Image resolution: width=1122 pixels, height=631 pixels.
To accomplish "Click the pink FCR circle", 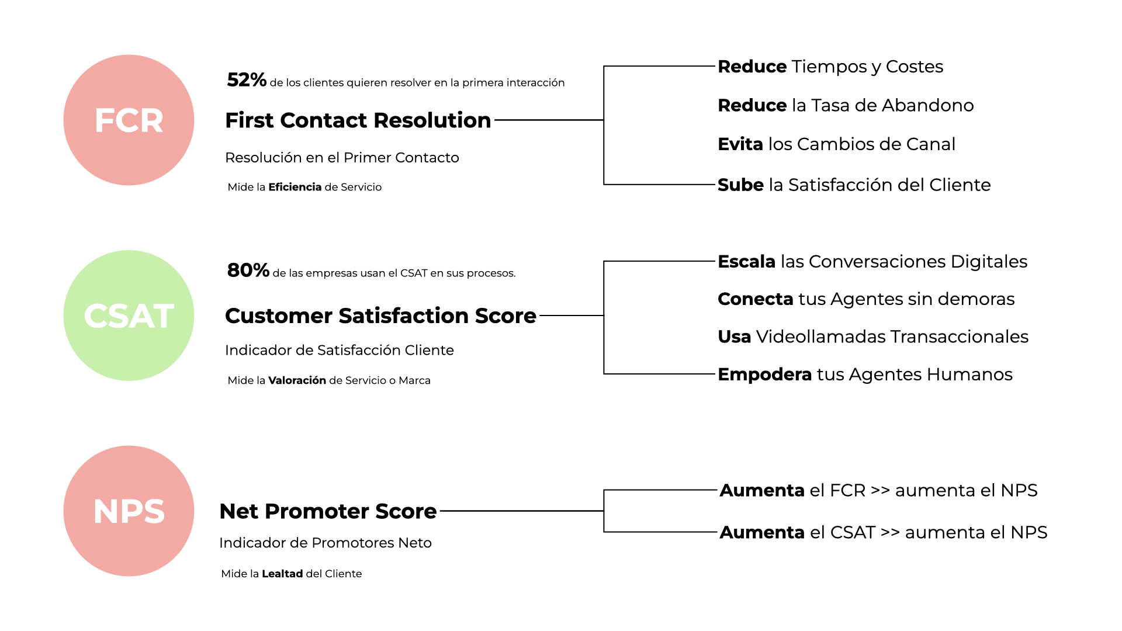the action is coord(129,120).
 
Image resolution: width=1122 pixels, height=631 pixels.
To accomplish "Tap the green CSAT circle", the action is coord(129,315).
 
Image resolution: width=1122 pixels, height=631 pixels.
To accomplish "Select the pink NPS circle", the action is coord(129,511).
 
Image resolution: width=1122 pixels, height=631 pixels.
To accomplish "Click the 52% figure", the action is coord(247,80).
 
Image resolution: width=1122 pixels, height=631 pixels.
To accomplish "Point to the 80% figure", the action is coord(248,271).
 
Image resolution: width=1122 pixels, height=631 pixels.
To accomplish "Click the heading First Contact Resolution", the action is coord(358,120).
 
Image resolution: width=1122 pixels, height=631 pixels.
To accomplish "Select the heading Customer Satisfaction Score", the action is coord(380,315).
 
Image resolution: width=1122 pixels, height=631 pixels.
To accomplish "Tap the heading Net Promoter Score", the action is coord(328,511).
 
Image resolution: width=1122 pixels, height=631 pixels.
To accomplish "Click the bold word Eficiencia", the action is coord(295,187).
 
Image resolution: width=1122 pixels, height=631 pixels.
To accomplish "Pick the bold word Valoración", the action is coord(297,380).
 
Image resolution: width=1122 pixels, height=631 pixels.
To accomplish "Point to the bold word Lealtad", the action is coord(282,574).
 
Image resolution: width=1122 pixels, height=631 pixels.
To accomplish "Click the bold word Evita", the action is coord(740,144).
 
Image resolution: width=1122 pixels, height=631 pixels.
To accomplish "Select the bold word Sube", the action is coord(740,185).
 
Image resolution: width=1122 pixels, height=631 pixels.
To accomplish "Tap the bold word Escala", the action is coord(747,262).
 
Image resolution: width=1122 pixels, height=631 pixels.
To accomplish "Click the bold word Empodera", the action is coord(765,375).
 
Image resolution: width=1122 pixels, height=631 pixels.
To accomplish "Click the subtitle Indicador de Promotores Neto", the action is coord(325,543).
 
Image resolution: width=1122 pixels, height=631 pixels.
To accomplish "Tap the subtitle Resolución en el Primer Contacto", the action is coord(342,158).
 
